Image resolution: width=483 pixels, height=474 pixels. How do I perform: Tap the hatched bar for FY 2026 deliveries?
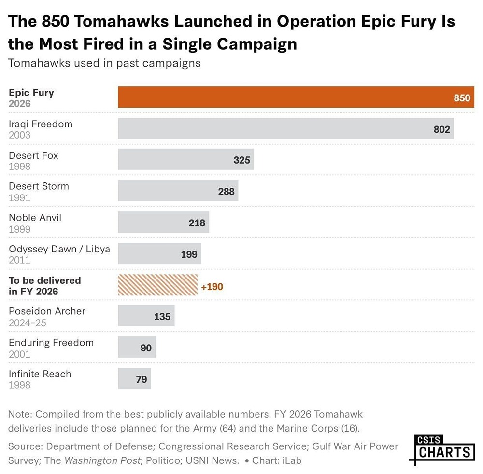(157, 285)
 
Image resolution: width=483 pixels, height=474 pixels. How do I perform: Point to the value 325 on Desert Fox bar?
(241, 160)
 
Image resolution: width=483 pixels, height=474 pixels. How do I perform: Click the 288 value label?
(226, 191)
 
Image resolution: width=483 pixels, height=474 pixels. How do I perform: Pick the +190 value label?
(212, 287)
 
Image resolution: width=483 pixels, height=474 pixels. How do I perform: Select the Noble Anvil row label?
(35, 218)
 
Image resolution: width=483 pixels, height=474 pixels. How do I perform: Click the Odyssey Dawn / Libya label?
(59, 249)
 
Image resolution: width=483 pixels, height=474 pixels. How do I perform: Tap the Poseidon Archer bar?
(146, 316)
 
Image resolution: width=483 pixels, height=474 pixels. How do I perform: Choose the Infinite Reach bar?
(134, 378)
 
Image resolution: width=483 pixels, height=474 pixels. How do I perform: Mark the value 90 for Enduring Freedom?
(146, 348)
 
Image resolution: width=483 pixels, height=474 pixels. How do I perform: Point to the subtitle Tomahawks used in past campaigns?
(104, 63)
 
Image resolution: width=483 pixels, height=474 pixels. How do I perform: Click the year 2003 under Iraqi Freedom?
(19, 135)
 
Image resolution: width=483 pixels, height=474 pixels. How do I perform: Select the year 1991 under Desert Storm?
(19, 197)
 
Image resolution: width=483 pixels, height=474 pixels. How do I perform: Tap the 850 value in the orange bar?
(461, 98)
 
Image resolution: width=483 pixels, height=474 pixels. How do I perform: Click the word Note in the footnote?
(20, 414)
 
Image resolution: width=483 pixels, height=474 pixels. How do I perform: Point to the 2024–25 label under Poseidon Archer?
(28, 322)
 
